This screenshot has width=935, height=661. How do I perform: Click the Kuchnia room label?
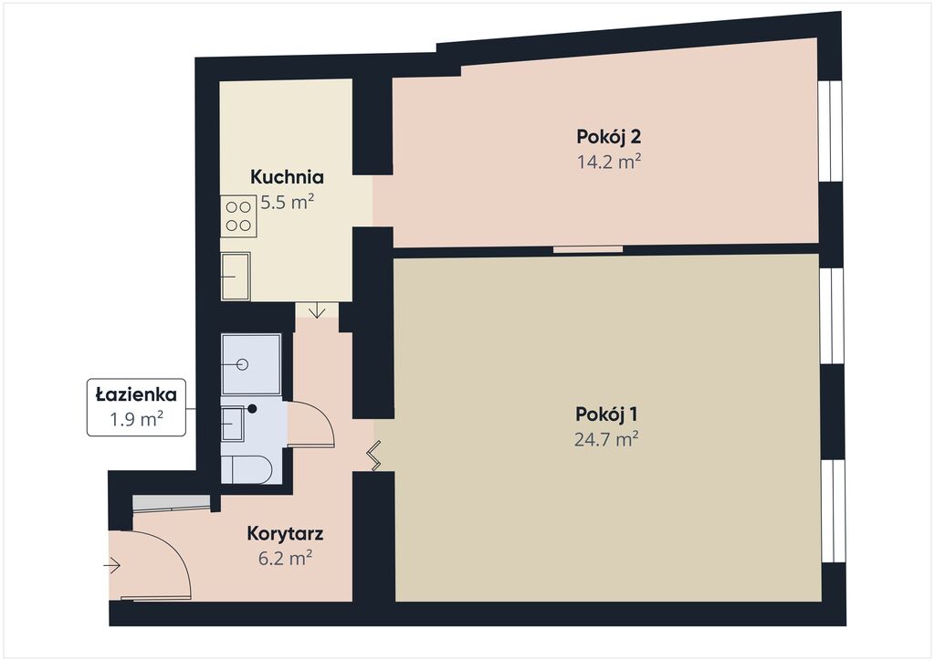point(287,177)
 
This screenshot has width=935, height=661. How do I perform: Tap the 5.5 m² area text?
point(288,203)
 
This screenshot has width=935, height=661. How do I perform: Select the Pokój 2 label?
point(609,137)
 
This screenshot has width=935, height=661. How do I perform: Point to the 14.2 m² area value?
point(609,163)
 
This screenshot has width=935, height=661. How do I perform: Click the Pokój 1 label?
point(607,414)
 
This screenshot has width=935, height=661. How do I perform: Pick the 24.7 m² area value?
point(607,440)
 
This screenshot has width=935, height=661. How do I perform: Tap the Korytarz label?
point(285,534)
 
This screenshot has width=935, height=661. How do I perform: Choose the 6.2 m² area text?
point(285,559)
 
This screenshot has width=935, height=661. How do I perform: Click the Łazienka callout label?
point(137,394)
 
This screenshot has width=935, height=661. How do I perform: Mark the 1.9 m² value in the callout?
point(137,420)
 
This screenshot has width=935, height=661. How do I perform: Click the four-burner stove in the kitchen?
point(238,216)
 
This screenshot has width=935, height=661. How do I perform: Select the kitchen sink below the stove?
point(236,276)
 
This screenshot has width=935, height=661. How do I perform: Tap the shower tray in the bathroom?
point(250,364)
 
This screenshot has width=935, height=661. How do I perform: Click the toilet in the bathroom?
point(247,469)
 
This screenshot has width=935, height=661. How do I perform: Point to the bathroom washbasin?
point(233,424)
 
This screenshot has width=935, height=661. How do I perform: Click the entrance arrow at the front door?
point(112,565)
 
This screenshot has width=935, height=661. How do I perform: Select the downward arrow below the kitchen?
point(317,310)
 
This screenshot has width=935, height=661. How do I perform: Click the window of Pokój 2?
point(830,130)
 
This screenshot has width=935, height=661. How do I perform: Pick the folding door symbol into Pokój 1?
point(374,456)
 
